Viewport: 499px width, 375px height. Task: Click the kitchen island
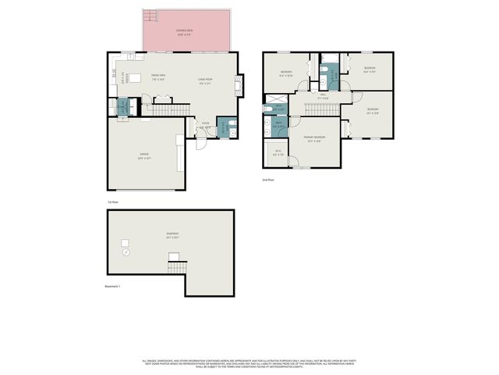pyautogui.click(x=140, y=77)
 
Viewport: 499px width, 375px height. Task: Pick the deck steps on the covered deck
pyautogui.click(x=149, y=16)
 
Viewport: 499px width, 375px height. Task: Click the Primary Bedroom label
pyautogui.click(x=314, y=138)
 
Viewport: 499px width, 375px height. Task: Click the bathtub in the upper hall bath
pyautogui.click(x=330, y=57)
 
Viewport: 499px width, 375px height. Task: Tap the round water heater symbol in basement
pyautogui.click(x=124, y=252)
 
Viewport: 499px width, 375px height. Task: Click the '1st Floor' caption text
pyautogui.click(x=113, y=202)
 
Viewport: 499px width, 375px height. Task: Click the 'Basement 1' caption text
pyautogui.click(x=114, y=287)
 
